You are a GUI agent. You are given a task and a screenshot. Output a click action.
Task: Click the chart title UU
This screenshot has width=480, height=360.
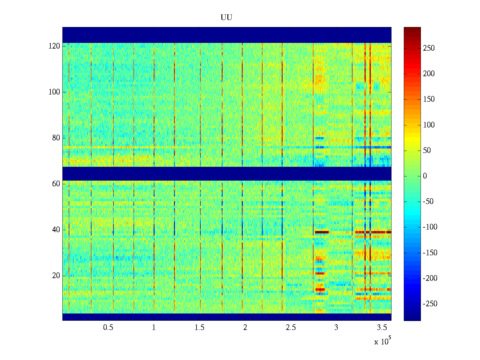click(226, 18)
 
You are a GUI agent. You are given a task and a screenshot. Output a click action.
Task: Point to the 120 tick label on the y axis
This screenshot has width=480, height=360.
click(54, 46)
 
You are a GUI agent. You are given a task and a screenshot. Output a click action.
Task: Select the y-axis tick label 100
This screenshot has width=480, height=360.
click(54, 92)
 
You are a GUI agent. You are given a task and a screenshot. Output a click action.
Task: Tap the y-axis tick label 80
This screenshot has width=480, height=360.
click(56, 138)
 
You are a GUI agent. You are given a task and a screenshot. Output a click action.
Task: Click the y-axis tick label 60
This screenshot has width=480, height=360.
click(56, 184)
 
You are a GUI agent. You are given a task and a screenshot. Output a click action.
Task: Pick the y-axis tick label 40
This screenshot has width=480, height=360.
click(56, 230)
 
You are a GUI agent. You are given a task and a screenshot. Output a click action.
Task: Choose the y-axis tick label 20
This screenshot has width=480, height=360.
click(56, 276)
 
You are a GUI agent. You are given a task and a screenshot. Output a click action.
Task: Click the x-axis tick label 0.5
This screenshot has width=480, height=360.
click(108, 328)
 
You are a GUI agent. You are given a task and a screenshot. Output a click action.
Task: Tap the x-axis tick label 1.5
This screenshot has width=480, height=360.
click(199, 328)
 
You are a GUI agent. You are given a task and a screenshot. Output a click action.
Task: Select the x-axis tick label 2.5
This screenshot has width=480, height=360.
click(290, 328)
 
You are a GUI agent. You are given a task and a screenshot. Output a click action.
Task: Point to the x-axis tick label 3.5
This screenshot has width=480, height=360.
click(382, 328)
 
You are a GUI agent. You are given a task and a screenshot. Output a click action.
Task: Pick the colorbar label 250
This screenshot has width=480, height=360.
click(429, 48)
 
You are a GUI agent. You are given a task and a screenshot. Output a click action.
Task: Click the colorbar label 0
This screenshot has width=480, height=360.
click(425, 176)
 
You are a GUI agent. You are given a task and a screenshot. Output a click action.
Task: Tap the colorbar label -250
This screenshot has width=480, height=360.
click(430, 304)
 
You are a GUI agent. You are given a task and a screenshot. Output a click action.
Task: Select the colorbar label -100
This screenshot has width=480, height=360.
click(430, 227)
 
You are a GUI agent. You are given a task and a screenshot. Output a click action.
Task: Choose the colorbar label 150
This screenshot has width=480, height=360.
click(429, 99)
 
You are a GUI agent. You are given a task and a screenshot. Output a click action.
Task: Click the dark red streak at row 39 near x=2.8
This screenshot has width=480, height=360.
click(322, 232)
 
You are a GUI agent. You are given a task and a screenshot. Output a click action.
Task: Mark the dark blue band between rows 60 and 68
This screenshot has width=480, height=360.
click(227, 173)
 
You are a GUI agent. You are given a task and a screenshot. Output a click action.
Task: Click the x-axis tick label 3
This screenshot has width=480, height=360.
click(336, 328)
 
